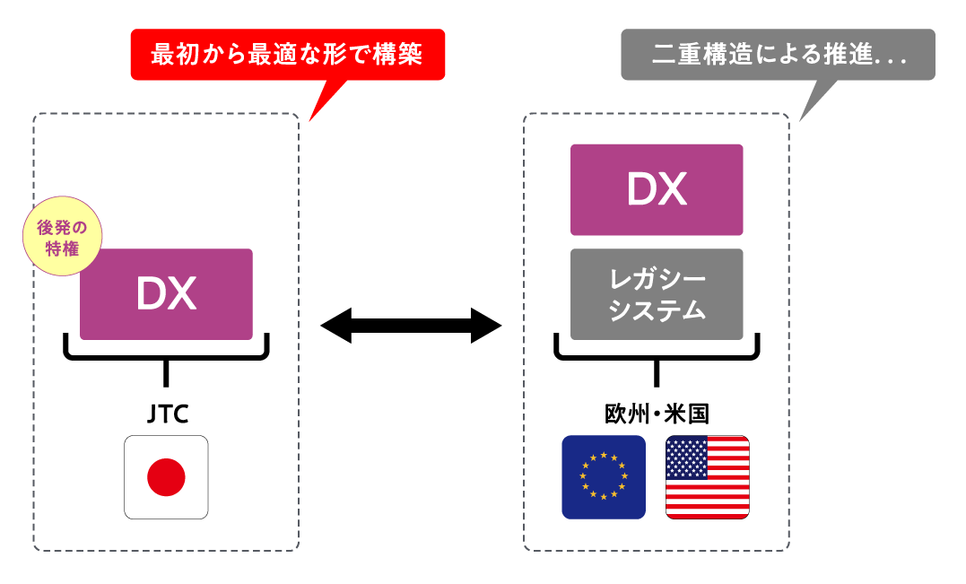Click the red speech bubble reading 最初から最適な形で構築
(x=287, y=55)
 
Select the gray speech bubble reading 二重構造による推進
(x=778, y=55)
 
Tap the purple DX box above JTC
(x=166, y=294)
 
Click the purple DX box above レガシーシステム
(x=657, y=189)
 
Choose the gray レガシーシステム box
(x=657, y=294)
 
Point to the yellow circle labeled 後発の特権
(x=59, y=238)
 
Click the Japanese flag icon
(x=166, y=477)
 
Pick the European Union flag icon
(x=604, y=477)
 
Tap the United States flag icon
(x=708, y=477)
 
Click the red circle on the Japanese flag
(x=166, y=477)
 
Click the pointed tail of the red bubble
(x=323, y=100)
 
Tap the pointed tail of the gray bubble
(x=813, y=100)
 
